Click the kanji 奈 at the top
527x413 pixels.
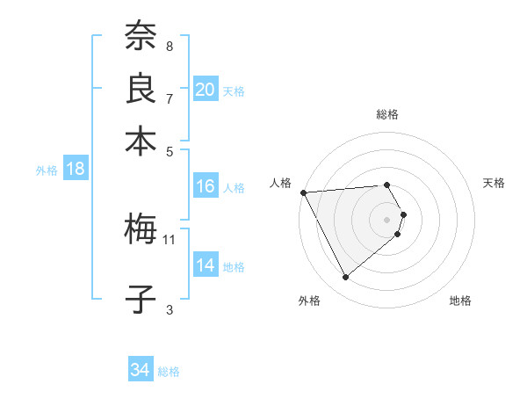pyautogui.click(x=140, y=37)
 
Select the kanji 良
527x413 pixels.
pyautogui.click(x=140, y=89)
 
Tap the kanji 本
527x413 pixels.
pyautogui.click(x=140, y=141)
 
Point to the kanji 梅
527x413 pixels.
pyautogui.click(x=140, y=230)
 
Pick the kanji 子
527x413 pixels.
pyautogui.click(x=140, y=299)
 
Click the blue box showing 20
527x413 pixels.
pyautogui.click(x=205, y=90)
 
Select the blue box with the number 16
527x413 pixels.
pyautogui.click(x=205, y=186)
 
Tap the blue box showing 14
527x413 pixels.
pyautogui.click(x=205, y=265)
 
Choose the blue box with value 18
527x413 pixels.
pyautogui.click(x=75, y=170)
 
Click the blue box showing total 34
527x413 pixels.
pyautogui.click(x=140, y=370)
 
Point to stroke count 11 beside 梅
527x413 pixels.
pyautogui.click(x=170, y=239)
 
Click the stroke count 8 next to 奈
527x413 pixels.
pyautogui.click(x=170, y=46)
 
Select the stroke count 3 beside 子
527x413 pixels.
pyautogui.click(x=170, y=309)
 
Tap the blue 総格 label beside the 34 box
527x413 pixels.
pyautogui.click(x=169, y=372)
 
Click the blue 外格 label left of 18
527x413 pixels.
pyautogui.click(x=47, y=170)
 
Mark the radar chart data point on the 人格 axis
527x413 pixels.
pyautogui.click(x=303, y=192)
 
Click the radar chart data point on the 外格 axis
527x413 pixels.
pyautogui.click(x=345, y=278)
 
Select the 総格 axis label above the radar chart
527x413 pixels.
pyautogui.click(x=387, y=114)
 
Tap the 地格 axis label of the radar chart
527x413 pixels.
pyautogui.click(x=460, y=301)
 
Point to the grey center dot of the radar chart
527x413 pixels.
pyautogui.click(x=387, y=219)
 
